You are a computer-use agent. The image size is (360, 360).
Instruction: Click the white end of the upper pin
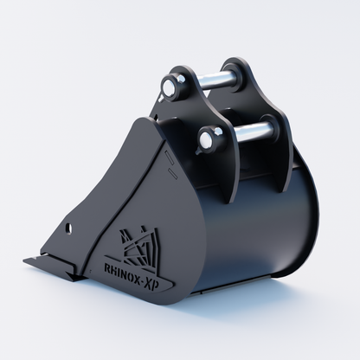[x=169, y=85]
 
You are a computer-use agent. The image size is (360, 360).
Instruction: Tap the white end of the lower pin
[x=205, y=140]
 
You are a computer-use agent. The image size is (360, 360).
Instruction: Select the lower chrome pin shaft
[x=252, y=132]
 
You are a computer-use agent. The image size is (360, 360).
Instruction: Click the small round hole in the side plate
[x=68, y=228]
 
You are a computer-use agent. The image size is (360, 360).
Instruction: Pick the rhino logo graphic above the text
[x=139, y=245]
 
